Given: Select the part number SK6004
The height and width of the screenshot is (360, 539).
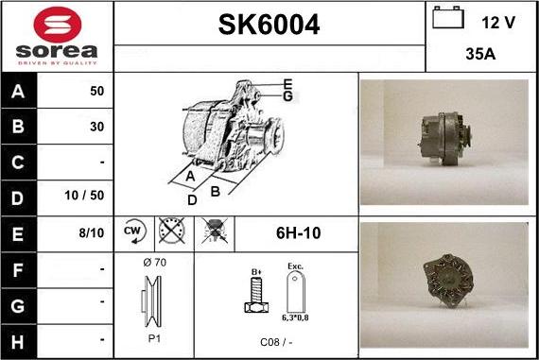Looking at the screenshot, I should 269,26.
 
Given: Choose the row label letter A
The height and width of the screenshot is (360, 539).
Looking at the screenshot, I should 19,92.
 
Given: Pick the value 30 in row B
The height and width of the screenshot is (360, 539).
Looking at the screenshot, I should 96,126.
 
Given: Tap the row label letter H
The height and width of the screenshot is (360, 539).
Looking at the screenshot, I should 19,338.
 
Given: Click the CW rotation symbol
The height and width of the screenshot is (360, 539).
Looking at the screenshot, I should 132,231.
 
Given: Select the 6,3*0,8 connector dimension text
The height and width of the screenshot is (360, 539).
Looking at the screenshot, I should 296,318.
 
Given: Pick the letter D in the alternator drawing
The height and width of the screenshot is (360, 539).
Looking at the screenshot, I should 192,199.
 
